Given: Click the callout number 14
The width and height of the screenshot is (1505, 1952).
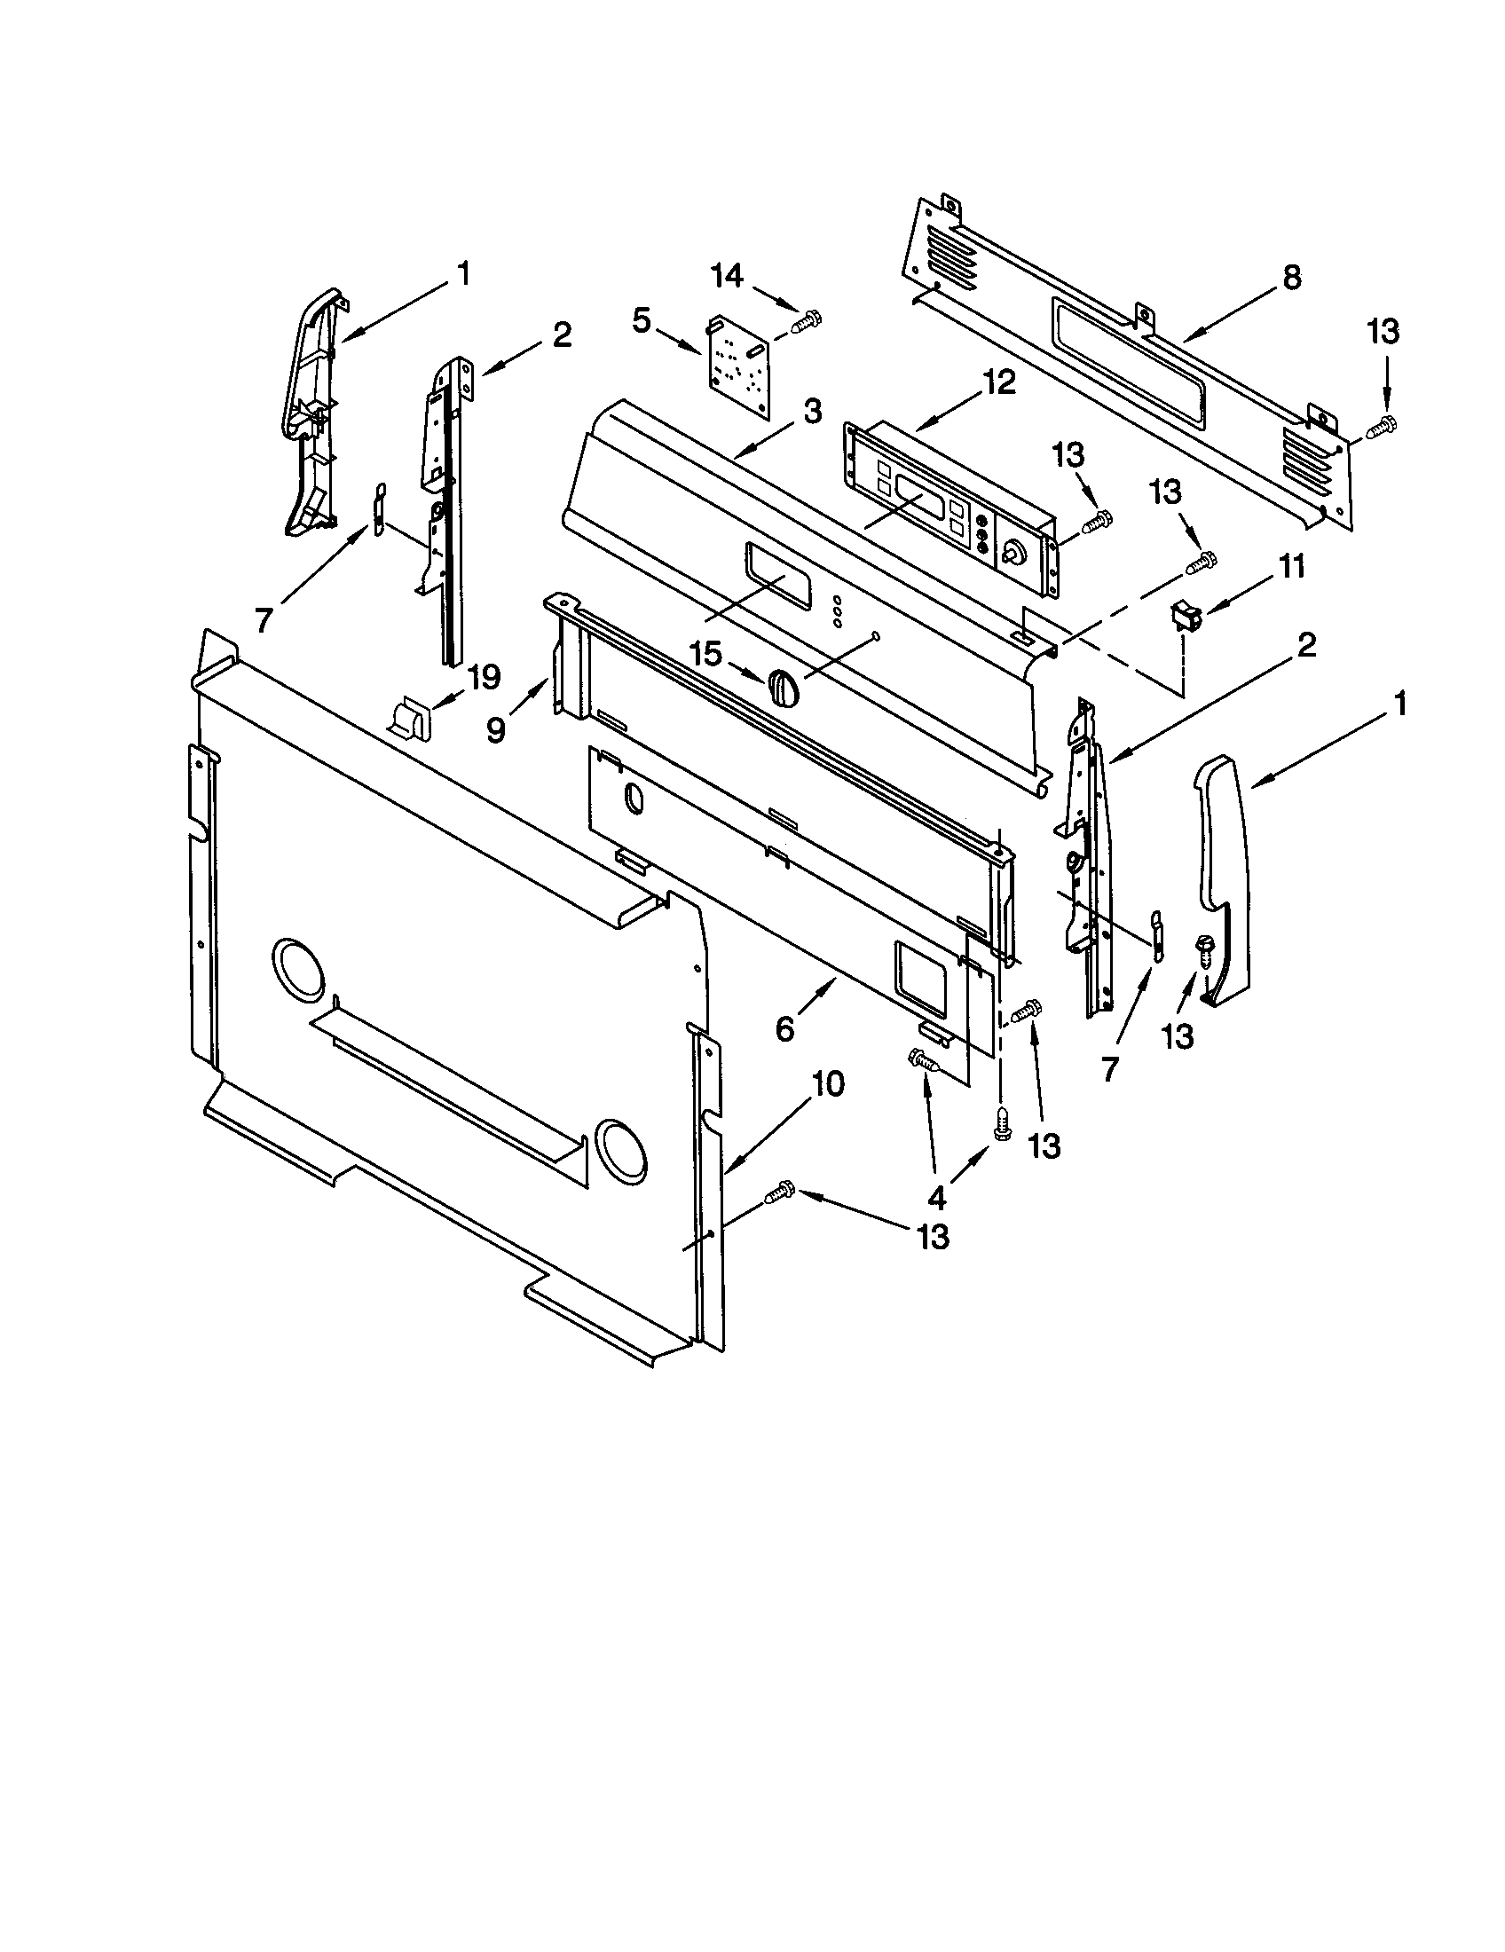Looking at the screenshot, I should pos(727,276).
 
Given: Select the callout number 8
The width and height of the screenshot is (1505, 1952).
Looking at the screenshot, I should pos(1289,278).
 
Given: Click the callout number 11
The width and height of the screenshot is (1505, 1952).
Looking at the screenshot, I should pos(1291,567).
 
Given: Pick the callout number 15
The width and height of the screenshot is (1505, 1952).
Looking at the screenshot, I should pos(705,653).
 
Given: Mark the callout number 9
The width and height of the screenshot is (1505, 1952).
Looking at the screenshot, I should pos(496,730).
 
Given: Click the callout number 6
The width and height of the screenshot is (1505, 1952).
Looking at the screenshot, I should pos(784,1028).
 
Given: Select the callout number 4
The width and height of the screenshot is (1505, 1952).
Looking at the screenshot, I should pos(935,1195).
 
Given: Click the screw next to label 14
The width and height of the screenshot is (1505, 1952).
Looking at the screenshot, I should pos(805,319).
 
